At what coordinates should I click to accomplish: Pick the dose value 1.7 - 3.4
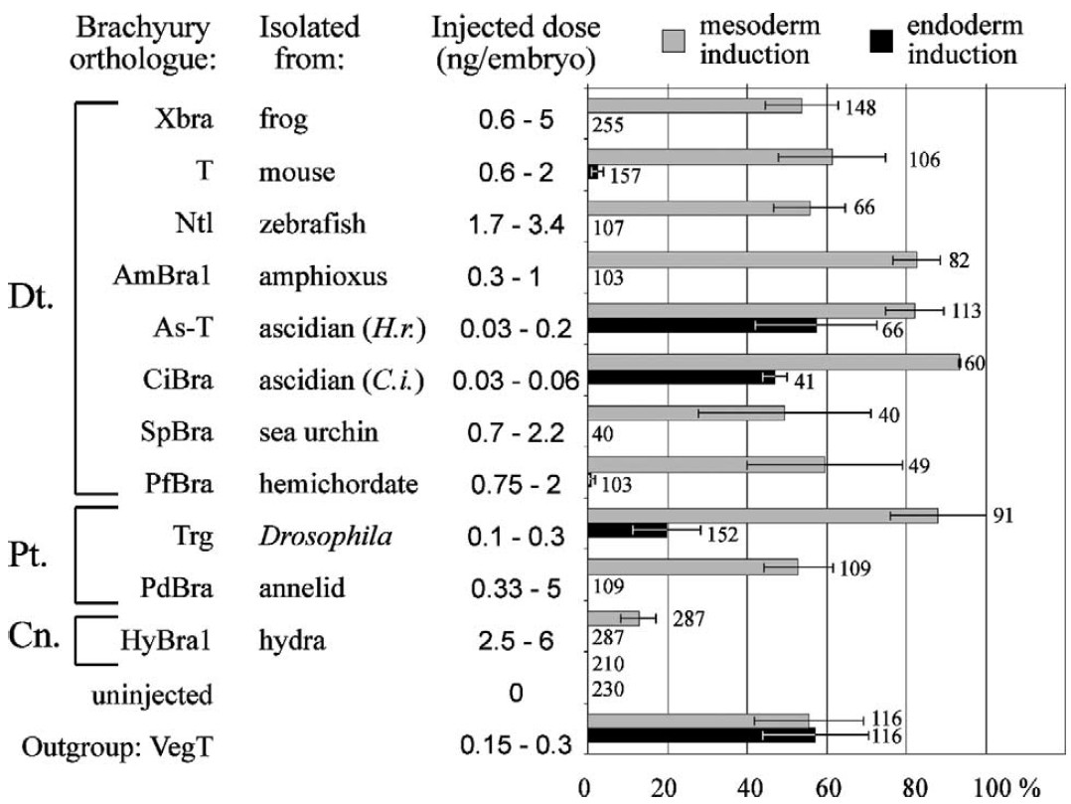click(515, 224)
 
